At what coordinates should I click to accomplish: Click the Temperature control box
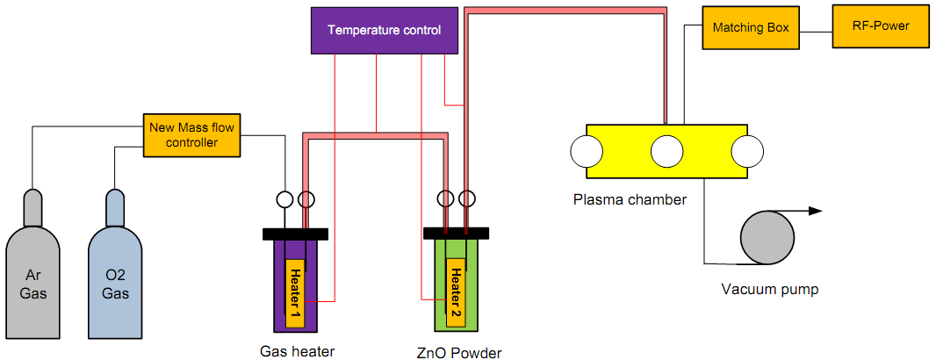tap(384, 31)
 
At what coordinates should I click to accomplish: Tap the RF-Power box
tap(880, 26)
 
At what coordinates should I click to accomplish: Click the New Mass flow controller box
tap(191, 134)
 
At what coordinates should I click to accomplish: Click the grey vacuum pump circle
tap(767, 236)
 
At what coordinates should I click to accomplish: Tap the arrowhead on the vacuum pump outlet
tap(815, 211)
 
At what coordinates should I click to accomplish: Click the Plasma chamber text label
tap(629, 199)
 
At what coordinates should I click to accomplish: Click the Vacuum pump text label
tap(769, 288)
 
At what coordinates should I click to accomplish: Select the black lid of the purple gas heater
tap(295, 234)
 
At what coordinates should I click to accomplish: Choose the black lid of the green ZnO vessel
tap(457, 233)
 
